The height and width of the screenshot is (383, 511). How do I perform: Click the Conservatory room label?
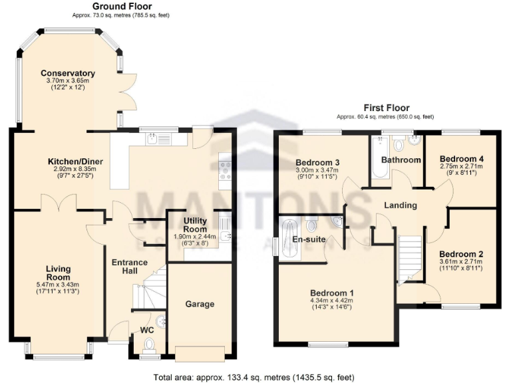click(x=67, y=73)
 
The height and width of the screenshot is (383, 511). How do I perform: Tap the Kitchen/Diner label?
click(x=75, y=162)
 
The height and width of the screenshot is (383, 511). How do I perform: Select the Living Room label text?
click(x=58, y=273)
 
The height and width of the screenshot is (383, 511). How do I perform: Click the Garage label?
click(x=200, y=304)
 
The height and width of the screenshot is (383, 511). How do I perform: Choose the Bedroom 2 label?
click(x=461, y=254)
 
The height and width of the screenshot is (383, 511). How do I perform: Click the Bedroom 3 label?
click(x=318, y=162)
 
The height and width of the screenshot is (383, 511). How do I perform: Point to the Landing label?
click(x=401, y=205)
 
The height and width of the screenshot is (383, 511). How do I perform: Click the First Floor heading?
click(x=386, y=108)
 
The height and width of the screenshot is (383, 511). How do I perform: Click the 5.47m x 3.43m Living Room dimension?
click(x=58, y=285)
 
